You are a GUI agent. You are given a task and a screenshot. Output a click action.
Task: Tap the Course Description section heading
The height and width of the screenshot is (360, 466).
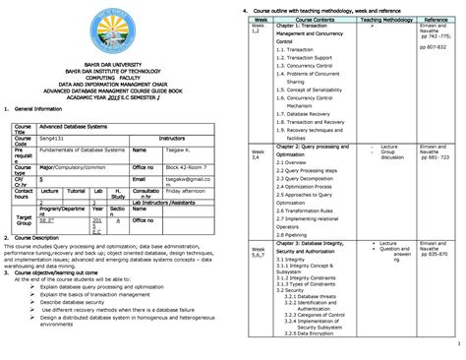coord(43,238)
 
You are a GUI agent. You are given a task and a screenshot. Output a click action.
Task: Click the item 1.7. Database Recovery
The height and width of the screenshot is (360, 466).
coord(309,113)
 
